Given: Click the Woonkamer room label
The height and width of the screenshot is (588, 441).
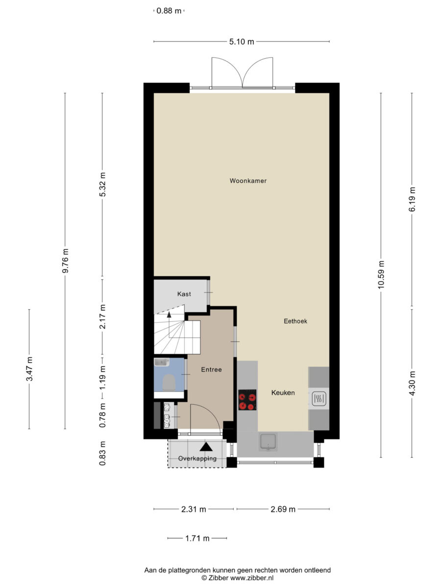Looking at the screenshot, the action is [x=248, y=181].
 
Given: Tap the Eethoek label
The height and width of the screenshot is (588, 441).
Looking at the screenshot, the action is [x=295, y=321].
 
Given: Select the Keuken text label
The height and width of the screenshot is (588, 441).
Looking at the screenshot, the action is [x=283, y=392].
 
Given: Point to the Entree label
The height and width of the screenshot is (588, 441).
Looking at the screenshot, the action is [x=211, y=369].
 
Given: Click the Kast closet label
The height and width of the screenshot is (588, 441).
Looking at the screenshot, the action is [x=184, y=294].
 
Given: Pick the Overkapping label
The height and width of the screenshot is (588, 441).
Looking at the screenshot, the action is [x=197, y=458].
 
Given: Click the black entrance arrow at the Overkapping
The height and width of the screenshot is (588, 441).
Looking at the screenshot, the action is [x=206, y=446].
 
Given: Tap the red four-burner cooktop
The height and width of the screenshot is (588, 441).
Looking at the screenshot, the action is [x=247, y=400].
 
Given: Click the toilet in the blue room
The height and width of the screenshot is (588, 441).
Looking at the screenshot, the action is [x=169, y=382].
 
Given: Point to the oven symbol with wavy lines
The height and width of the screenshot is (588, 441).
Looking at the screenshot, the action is [x=318, y=398].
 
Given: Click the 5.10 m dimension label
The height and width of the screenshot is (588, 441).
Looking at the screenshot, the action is [x=242, y=42].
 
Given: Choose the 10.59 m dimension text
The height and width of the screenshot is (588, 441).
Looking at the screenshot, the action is [x=381, y=274].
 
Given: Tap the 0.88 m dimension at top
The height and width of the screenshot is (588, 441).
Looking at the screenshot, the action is [x=169, y=11].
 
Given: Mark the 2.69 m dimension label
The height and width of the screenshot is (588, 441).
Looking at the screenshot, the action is [x=283, y=509].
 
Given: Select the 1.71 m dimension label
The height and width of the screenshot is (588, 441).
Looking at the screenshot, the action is [x=197, y=538].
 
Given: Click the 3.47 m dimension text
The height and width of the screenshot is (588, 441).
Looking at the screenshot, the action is [x=29, y=369].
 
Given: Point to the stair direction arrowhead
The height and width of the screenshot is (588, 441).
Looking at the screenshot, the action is [x=169, y=315].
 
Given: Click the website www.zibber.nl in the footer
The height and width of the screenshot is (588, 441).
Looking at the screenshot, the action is [x=252, y=578].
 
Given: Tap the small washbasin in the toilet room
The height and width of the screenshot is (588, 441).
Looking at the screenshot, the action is [x=162, y=363].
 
